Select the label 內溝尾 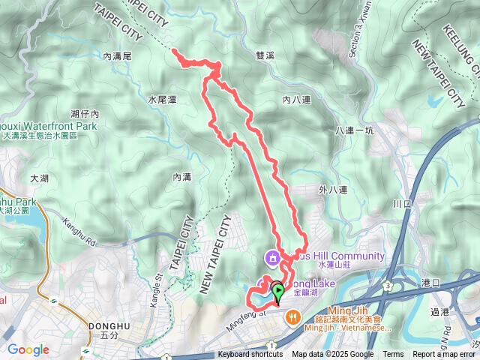click(118, 55)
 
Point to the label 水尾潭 click(161, 99)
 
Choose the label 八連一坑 click(355, 130)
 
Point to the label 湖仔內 click(85, 114)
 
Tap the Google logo click(28, 349)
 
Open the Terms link click(393, 355)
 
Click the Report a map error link click(445, 355)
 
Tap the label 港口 click(431, 282)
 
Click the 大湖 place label click(39, 178)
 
